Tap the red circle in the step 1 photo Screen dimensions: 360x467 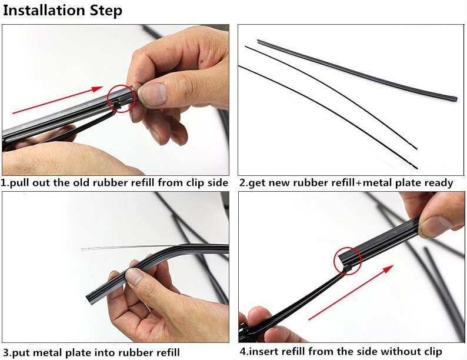122,98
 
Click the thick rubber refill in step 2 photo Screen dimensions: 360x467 353,69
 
